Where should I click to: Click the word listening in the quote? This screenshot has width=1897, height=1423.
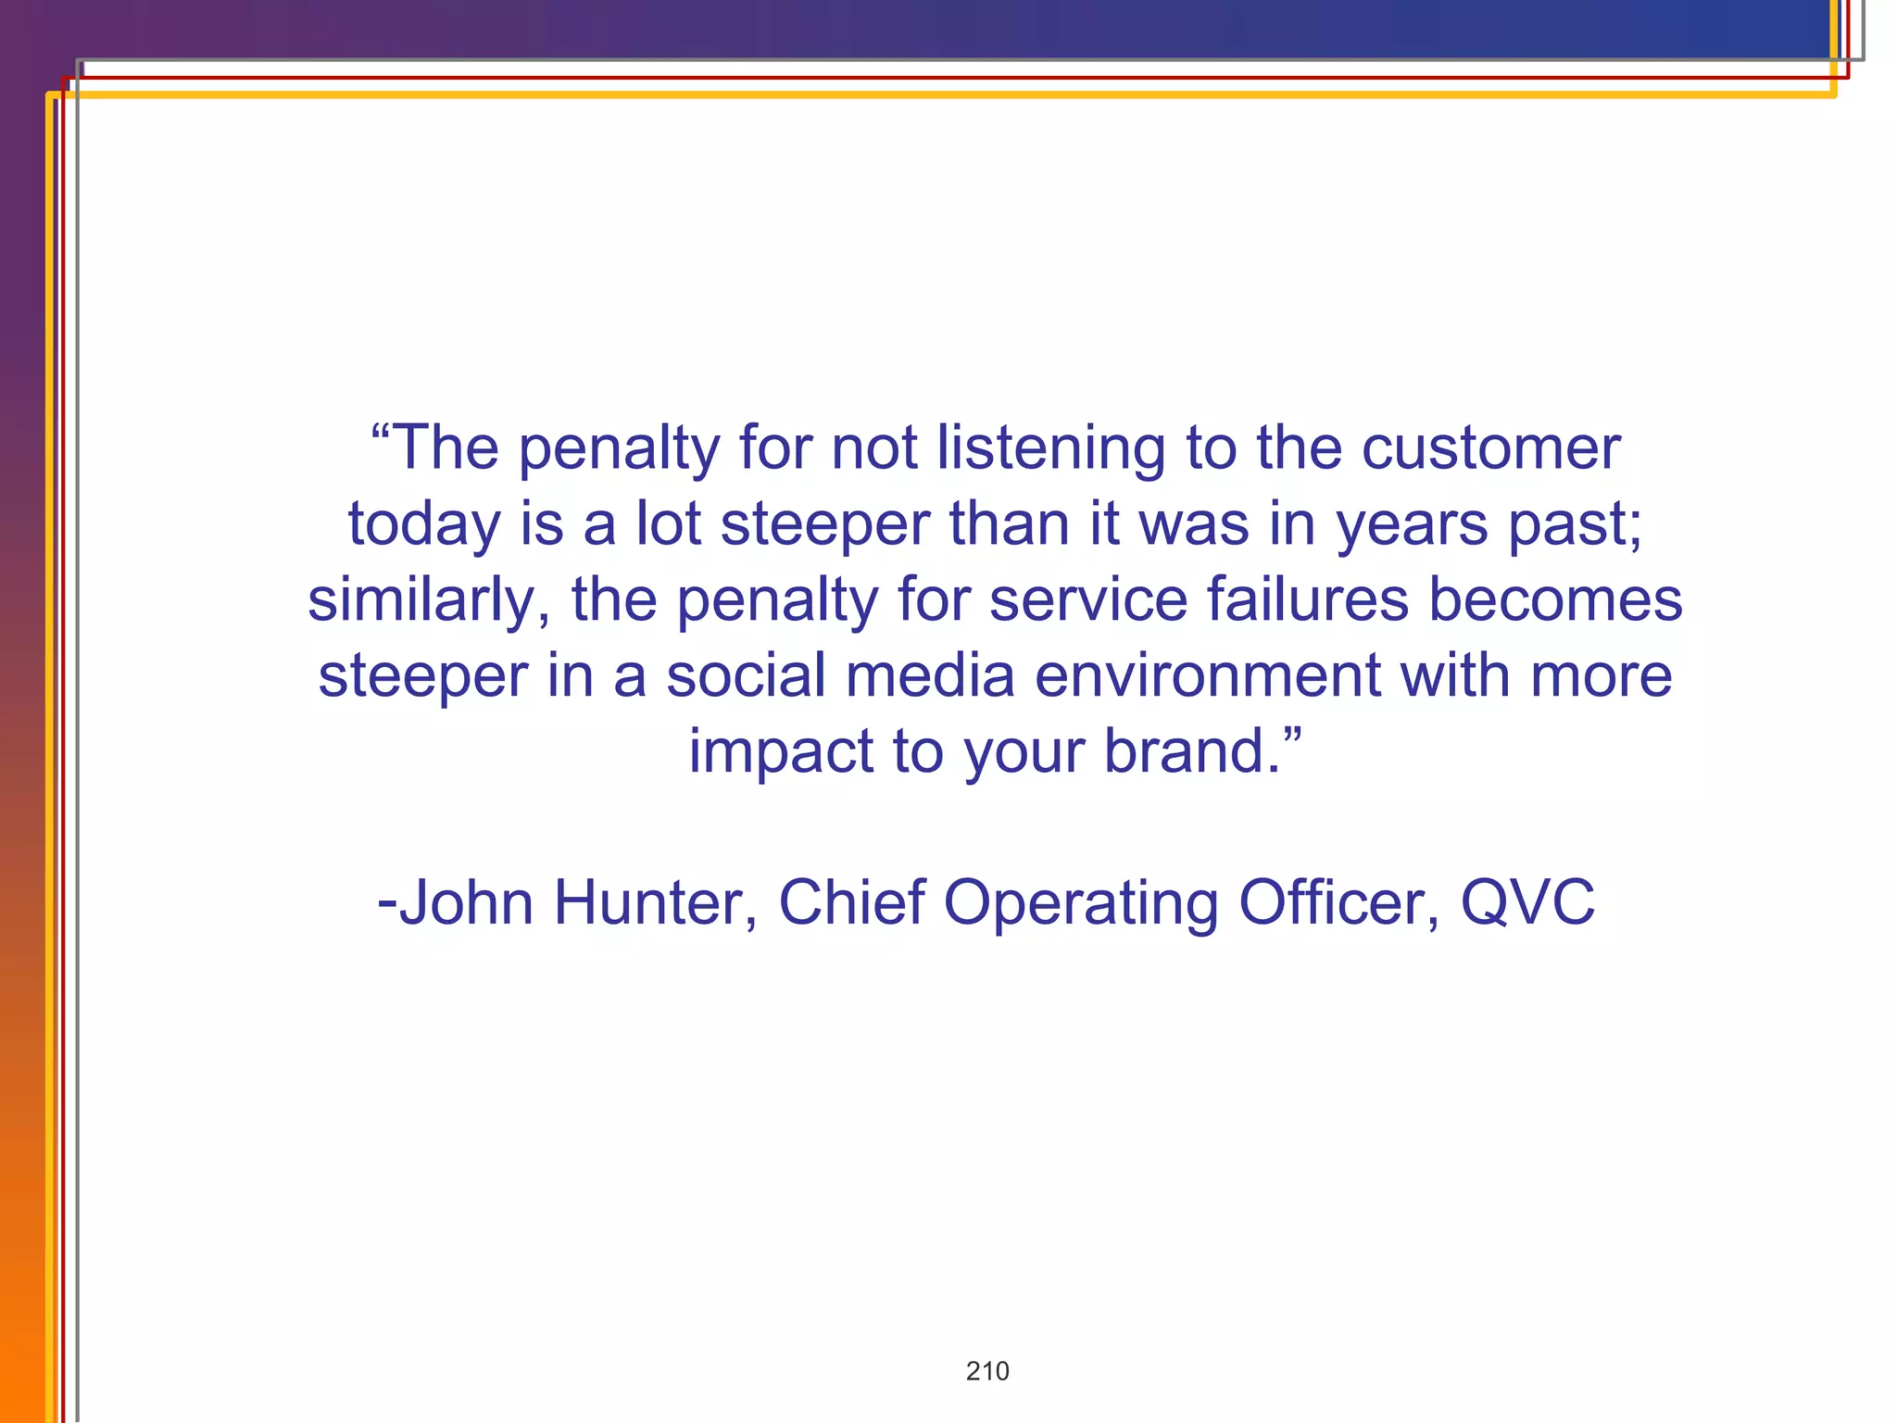coord(1050,449)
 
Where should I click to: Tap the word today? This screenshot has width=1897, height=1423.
coord(423,525)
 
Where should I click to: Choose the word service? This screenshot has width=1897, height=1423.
coord(1087,599)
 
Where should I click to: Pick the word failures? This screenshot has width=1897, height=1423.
coord(1307,599)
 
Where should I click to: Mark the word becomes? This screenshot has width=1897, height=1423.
coord(1555,599)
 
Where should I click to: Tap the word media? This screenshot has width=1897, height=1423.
coord(930,675)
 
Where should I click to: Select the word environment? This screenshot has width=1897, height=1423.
coord(1207,675)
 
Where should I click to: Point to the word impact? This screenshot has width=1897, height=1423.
coord(781,751)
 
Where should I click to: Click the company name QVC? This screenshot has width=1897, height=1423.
coord(1527,903)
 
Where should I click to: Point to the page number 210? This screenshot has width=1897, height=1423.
coord(987,1371)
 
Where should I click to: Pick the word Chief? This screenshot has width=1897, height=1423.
coord(851,903)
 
